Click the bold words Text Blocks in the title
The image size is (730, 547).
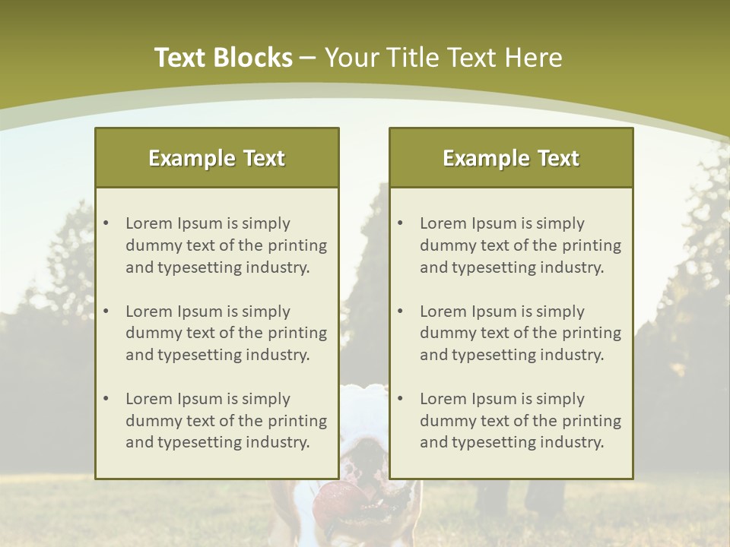(x=223, y=58)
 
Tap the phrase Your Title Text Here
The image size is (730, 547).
(x=443, y=58)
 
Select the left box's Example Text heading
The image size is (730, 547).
(x=217, y=158)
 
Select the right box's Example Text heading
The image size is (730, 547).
(x=511, y=158)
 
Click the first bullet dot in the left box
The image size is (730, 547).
(x=106, y=223)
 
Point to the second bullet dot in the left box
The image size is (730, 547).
(x=106, y=311)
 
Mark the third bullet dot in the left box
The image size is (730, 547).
(x=106, y=399)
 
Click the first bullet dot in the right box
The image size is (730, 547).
(x=400, y=223)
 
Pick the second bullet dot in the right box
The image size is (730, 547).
(x=400, y=311)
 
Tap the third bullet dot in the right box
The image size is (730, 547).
(x=400, y=399)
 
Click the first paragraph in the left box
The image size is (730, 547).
(x=226, y=245)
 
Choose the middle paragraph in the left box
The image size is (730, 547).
(x=226, y=333)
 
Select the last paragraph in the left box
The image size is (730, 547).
(x=226, y=421)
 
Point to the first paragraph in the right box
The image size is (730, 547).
(x=520, y=245)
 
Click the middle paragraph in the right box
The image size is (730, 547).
(x=520, y=333)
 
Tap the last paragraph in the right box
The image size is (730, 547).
(x=520, y=421)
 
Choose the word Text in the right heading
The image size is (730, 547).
(x=558, y=158)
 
